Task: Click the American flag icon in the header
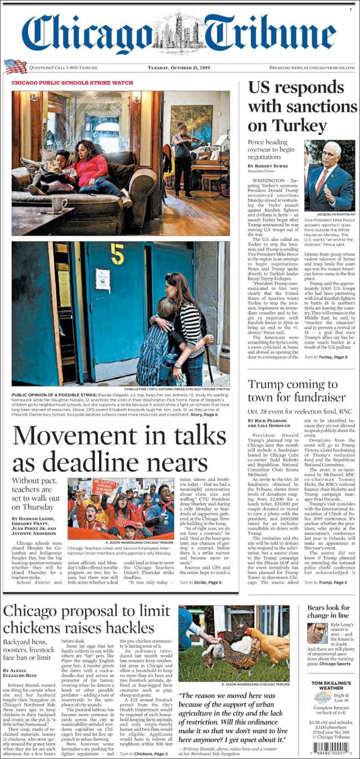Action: pyautogui.click(x=15, y=66)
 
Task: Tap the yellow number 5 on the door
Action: pyautogui.click(x=117, y=254)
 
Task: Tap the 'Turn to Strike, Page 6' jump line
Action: pyautogui.click(x=201, y=582)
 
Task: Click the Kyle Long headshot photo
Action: pyautogui.click(x=317, y=633)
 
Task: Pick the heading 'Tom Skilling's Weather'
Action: pyautogui.click(x=331, y=686)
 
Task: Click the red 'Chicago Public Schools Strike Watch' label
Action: pyautogui.click(x=73, y=83)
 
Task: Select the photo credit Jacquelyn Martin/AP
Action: pyautogui.click(x=335, y=214)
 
